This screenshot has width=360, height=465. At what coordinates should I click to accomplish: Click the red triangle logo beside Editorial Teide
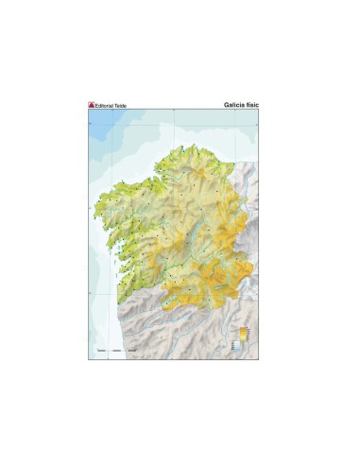click(x=93, y=104)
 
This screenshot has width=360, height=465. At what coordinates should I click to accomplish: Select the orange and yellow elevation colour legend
click(x=243, y=333)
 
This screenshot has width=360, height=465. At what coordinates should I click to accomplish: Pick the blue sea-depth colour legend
click(x=239, y=347)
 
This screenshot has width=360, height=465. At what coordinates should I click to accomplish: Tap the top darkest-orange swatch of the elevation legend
click(x=243, y=327)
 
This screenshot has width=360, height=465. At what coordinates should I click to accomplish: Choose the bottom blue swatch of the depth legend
click(x=239, y=352)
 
